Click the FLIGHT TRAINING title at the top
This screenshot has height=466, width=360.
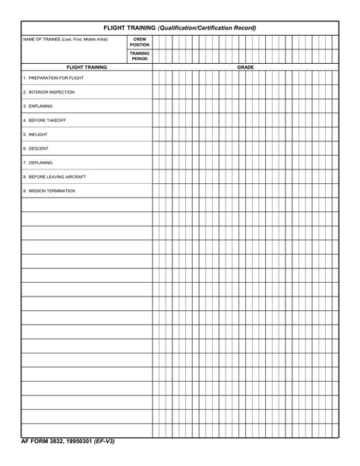pyautogui.click(x=130, y=27)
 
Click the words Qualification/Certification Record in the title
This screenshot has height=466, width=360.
pyautogui.click(x=207, y=27)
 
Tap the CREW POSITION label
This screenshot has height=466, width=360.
pyautogui.click(x=140, y=42)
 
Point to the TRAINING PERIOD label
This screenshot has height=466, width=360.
pyautogui.click(x=140, y=56)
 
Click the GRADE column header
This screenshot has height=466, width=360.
pyautogui.click(x=245, y=67)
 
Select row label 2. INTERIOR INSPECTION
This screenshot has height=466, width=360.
pyautogui.click(x=49, y=92)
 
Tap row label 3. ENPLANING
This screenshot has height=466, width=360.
pyautogui.click(x=39, y=106)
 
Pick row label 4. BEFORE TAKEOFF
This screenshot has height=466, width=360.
pyautogui.click(x=45, y=120)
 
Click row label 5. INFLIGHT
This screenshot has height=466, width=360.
pyautogui.click(x=36, y=134)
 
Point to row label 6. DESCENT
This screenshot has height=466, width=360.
pyautogui.click(x=36, y=148)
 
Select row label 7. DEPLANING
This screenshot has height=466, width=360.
pyautogui.click(x=39, y=162)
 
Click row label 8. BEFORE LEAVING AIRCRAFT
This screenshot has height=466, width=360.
pyautogui.click(x=55, y=176)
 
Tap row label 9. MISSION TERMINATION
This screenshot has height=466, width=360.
pyautogui.click(x=49, y=191)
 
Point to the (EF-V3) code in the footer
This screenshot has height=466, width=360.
pyautogui.click(x=110, y=441)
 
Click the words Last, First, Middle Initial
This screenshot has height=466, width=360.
pyautogui.click(x=87, y=39)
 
